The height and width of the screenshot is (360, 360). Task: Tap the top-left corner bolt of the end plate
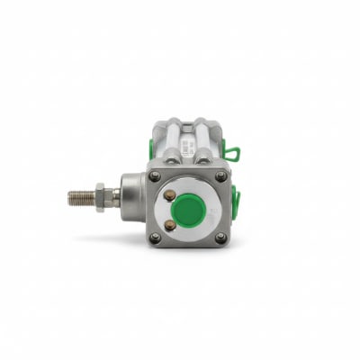156,175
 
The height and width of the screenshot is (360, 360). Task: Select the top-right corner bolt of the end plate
220,175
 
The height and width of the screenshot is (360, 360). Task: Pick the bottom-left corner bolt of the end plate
156,238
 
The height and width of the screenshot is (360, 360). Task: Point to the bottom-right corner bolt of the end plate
220,238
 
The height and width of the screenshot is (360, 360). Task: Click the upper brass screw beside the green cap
169,195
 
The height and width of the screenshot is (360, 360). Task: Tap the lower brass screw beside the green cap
169,223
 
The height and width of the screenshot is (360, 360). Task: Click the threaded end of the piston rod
80,195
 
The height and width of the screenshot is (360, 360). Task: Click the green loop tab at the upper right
231,154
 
